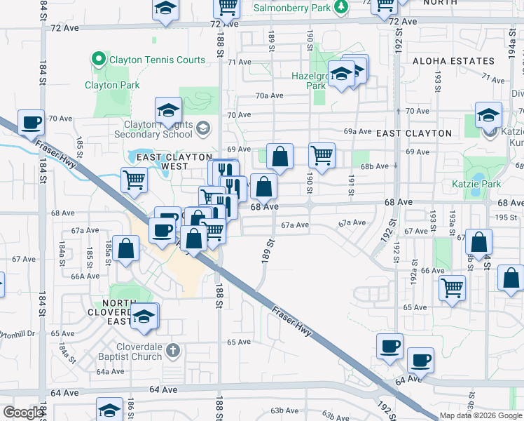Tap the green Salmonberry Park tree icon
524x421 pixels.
pos(340,6)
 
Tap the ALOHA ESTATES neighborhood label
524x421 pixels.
pos(453,62)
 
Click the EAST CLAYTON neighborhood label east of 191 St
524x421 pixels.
pos(414,133)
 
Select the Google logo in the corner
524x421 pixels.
pos(23,413)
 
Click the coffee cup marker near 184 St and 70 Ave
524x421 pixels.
pos(31,122)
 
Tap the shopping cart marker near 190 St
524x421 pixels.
pos(322,155)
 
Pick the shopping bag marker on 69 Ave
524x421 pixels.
pos(280,157)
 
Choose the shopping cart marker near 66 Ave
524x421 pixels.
pos(453,286)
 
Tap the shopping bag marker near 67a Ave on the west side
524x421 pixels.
pos(125,249)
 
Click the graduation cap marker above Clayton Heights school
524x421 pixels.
pos(168,109)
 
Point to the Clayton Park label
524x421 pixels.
pos(112,86)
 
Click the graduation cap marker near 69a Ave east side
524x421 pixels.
pos(488,114)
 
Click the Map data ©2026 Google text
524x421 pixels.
pos(481,416)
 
